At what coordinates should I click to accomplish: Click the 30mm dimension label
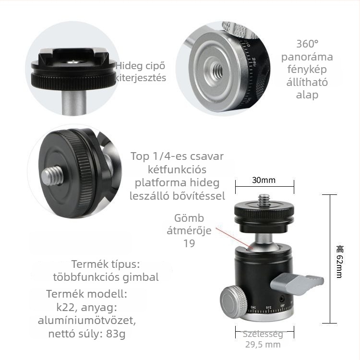pos(264,180)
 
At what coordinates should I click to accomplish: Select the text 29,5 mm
pos(263,345)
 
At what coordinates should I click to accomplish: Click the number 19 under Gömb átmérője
pos(189,243)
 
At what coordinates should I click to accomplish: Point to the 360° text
pos(307,44)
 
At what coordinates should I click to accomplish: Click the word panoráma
pos(307,57)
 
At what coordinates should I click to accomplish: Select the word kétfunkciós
pos(177,169)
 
